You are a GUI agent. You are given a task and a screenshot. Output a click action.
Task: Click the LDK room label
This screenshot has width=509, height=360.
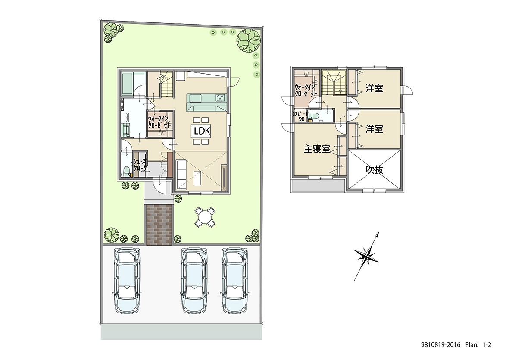coord(202,131)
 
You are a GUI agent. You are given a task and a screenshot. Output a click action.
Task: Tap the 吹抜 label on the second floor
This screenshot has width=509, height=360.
coord(374,169)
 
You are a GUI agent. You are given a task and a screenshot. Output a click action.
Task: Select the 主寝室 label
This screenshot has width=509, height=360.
coord(317,149)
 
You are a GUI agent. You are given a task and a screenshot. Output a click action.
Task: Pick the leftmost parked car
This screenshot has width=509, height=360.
coord(128,280)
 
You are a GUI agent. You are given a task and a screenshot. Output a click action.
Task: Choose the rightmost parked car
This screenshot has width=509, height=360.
coord(235,280)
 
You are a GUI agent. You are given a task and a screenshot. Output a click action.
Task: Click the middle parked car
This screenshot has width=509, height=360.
coord(194,280)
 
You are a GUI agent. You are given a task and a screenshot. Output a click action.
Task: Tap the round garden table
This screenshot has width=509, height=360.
coord(205,216)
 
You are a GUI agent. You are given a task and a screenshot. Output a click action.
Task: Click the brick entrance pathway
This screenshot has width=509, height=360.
coord(159,225)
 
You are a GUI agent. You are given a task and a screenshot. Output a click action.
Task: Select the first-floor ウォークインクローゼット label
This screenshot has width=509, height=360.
coord(159,122)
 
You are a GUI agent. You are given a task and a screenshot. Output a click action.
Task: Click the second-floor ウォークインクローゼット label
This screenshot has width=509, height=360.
coord(306,90)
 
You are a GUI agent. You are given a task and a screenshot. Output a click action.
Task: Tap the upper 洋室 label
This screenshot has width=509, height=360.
coord(374,88)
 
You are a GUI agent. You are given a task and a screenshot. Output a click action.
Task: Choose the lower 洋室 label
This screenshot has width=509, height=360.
coord(374,129)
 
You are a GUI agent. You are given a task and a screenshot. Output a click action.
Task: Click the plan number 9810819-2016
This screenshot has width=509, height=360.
coord(440,345)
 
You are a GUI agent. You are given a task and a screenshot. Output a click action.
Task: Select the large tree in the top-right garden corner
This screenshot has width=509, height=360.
coord(249,40)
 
